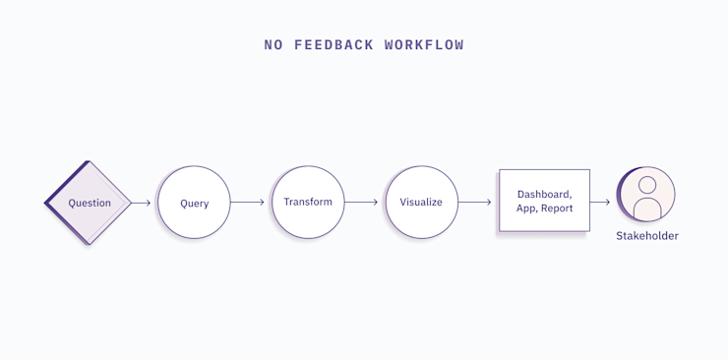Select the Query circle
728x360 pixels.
pyautogui.click(x=194, y=203)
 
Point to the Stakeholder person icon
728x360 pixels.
pyautogui.click(x=646, y=195)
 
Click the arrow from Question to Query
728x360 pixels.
pyautogui.click(x=142, y=204)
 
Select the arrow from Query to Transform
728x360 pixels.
pyautogui.click(x=248, y=203)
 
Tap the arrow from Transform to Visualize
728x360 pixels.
pyautogui.click(x=361, y=203)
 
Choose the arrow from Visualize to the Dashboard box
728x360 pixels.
pyautogui.click(x=475, y=203)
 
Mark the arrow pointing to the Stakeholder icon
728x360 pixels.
pyautogui.click(x=600, y=203)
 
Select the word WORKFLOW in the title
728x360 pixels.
pyautogui.click(x=424, y=45)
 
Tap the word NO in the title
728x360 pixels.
pyautogui.click(x=273, y=45)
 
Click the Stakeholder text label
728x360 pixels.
pyautogui.click(x=647, y=236)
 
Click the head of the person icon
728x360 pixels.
pyautogui.click(x=646, y=184)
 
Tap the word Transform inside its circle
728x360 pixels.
pyautogui.click(x=308, y=202)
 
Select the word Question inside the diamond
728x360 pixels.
pyautogui.click(x=89, y=204)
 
